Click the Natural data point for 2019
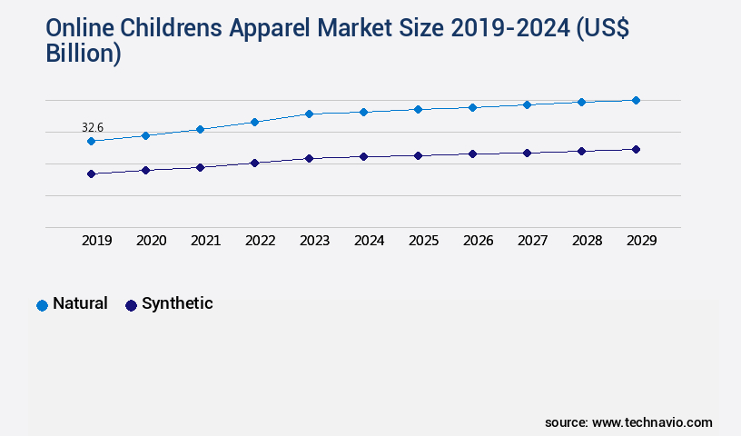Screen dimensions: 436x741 tap(91, 141)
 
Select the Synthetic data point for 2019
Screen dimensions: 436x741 tap(91, 173)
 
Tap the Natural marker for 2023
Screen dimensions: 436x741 tap(309, 114)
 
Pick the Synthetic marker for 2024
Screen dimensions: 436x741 tap(363, 156)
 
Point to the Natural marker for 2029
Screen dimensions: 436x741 tap(636, 100)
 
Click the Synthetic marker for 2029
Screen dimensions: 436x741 tap(636, 149)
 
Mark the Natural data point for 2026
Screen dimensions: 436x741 tap(472, 107)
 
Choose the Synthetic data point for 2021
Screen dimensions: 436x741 tap(200, 167)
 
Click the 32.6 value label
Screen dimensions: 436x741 tap(92, 127)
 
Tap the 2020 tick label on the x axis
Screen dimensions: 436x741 tap(151, 241)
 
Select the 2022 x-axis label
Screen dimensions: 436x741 tap(260, 241)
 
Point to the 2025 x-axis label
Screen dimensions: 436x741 tap(423, 241)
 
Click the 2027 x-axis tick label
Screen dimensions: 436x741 tap(532, 241)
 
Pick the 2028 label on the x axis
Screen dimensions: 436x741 tap(587, 241)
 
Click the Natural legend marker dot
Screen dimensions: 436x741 tap(42, 305)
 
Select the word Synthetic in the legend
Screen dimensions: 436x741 tap(177, 303)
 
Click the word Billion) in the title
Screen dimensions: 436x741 tap(83, 54)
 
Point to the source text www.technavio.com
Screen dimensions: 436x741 tap(652, 422)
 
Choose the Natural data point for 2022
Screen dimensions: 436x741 tap(254, 122)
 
